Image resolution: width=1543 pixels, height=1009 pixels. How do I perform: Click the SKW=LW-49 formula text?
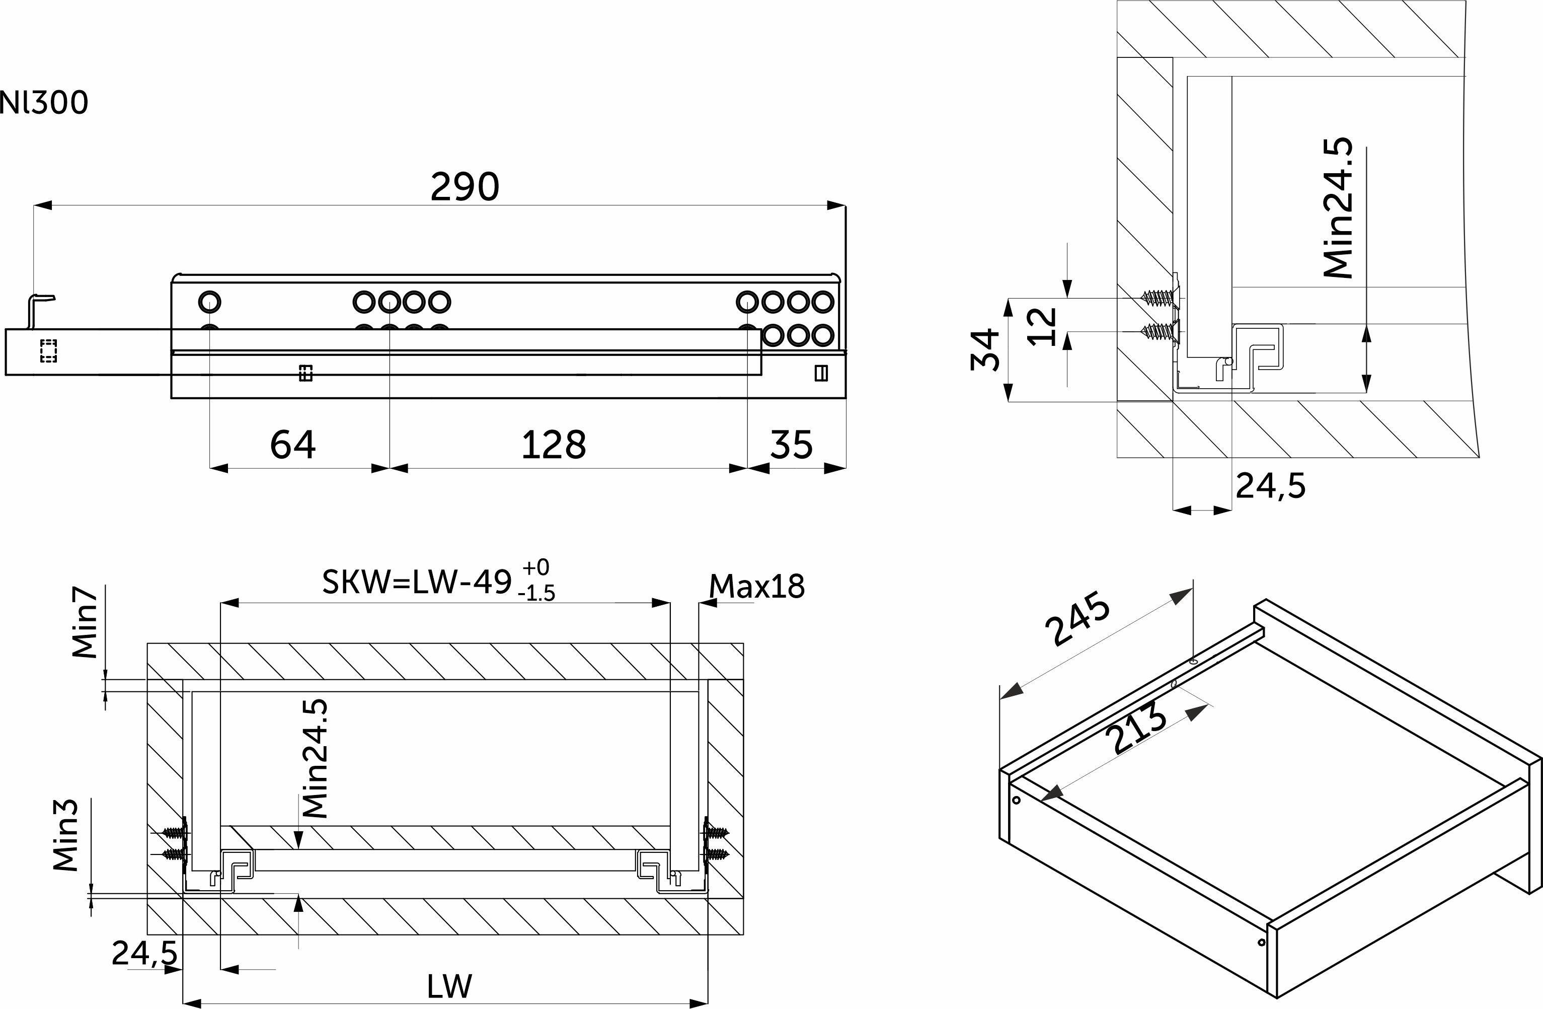[x=417, y=582]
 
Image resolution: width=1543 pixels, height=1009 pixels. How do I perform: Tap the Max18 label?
[x=756, y=586]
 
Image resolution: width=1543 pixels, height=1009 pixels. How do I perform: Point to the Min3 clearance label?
[x=65, y=835]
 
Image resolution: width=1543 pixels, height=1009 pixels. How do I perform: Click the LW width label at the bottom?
[x=449, y=986]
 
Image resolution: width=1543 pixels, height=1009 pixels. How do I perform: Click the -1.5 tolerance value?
[x=537, y=593]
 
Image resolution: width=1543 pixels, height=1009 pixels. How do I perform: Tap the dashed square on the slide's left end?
[x=49, y=351]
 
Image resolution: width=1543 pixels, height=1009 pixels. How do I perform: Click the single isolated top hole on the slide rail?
[x=210, y=302]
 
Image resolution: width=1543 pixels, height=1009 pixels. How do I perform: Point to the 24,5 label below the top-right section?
[x=1271, y=485]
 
